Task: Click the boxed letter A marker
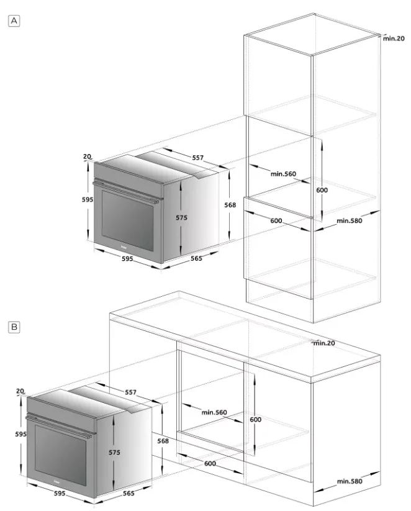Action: [14, 21]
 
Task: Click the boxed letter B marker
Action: [14, 327]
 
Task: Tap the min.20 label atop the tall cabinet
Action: [394, 38]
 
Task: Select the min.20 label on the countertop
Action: [324, 343]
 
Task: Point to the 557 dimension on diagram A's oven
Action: [197, 158]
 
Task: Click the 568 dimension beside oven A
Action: [230, 205]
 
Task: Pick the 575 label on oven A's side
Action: [181, 218]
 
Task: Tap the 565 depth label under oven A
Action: [196, 258]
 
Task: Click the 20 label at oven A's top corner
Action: [87, 156]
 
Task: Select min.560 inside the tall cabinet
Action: [283, 174]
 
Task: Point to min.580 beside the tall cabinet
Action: [350, 220]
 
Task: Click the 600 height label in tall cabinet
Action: [322, 190]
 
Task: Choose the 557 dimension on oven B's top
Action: [131, 392]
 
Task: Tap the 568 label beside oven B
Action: [163, 441]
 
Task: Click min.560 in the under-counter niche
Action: [214, 412]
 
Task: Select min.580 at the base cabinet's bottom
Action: [350, 481]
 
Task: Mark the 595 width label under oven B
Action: [60, 494]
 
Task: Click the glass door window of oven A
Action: [127, 220]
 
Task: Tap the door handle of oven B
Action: [60, 423]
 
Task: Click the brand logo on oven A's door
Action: [124, 247]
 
